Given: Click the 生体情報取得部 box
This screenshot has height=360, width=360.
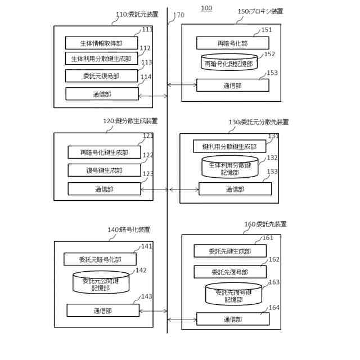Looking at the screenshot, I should pos(101,42).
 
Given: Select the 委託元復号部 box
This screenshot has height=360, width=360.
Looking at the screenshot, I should pos(101,75).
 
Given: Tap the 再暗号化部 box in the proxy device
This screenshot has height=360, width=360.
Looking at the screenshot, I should pos(232,43).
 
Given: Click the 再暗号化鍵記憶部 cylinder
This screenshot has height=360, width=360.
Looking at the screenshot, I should pos(229,62).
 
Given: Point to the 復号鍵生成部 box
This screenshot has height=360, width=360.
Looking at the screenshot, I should pos(104,170).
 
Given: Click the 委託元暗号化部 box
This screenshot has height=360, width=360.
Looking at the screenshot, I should pos(100,259).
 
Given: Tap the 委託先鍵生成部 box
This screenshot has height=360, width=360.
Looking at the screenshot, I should pos(229,251).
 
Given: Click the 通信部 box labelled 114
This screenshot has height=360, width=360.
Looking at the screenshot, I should pos(102,94).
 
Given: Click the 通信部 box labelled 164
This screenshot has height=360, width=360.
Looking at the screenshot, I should pos(232,319).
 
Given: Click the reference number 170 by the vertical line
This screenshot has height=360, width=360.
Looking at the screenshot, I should pos(179,15).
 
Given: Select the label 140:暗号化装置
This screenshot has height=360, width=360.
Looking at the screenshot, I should pos(129,229).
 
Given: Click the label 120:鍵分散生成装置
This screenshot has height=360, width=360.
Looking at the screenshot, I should pos(130,121).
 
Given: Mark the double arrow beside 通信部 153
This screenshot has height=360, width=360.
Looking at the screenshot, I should pos(182,85).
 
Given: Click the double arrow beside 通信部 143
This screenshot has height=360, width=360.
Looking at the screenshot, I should pos(153,310).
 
